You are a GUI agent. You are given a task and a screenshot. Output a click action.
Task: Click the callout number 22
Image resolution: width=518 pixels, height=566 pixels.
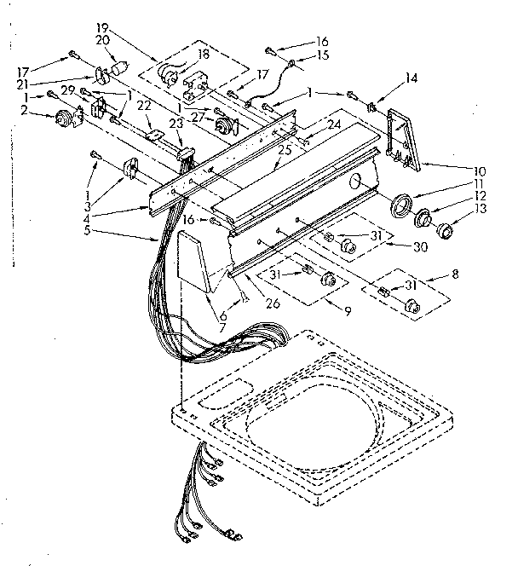pyautogui.click(x=145, y=105)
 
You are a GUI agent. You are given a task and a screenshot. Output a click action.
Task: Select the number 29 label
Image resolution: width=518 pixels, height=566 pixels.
pyautogui.click(x=65, y=90)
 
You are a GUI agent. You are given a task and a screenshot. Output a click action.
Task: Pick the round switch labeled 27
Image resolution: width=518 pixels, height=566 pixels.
pyautogui.click(x=225, y=128)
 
